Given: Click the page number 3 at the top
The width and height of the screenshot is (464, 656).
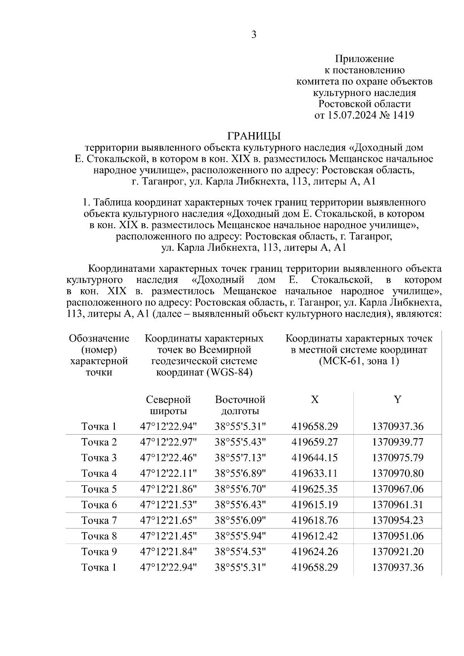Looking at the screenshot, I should pos(254,35).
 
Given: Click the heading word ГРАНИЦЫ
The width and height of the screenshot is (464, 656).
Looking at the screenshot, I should pos(254,136).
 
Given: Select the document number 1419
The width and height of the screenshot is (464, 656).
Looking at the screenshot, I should pos(403,115).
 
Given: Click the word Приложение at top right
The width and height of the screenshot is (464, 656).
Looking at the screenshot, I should pos(364,59).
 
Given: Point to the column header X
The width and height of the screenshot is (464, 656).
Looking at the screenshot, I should pos(315,399).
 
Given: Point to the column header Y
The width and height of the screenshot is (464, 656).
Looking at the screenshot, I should pos(397,399).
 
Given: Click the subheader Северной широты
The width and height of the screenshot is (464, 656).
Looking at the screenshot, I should pos(168,405).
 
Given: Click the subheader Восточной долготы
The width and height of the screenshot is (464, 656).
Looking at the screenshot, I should pos(240,405).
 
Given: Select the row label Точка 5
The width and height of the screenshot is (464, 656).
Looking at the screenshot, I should pos(99,489).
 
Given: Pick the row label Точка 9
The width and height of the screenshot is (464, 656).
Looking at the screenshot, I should pos(99,552).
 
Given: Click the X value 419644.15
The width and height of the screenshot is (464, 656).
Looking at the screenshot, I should pos(314,458).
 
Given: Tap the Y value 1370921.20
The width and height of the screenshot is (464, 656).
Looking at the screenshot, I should pos(397,552).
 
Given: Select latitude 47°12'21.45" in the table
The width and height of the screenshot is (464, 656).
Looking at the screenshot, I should pos(168,536).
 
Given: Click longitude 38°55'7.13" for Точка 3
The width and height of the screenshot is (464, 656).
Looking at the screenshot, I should pos(240,458).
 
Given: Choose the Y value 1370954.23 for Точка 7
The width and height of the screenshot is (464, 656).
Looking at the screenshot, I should pos(397,520).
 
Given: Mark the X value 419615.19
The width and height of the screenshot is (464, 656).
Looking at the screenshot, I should pos(314,505).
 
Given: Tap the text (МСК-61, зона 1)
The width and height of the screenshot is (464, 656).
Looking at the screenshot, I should pos(359,361).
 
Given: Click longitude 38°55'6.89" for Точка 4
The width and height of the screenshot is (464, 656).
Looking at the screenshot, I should pos(240,473).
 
